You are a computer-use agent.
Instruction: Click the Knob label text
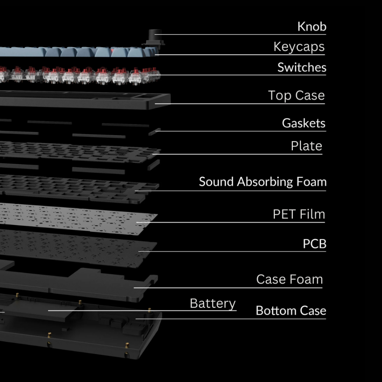coord(312,26)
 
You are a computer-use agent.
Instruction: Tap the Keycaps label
coord(299,47)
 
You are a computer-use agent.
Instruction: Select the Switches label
coord(302,68)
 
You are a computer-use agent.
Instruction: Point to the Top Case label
coord(297,95)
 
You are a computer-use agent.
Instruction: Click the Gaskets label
coord(304,123)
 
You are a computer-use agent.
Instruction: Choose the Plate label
coord(306,146)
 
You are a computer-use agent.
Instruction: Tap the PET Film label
coord(299,215)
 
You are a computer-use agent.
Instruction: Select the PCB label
coord(314,244)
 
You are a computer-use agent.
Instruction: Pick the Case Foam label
coord(289,279)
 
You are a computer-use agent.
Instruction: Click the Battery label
coord(213,303)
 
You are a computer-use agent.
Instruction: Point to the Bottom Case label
coord(291,311)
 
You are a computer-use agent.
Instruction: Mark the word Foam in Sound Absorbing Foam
coord(311,182)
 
